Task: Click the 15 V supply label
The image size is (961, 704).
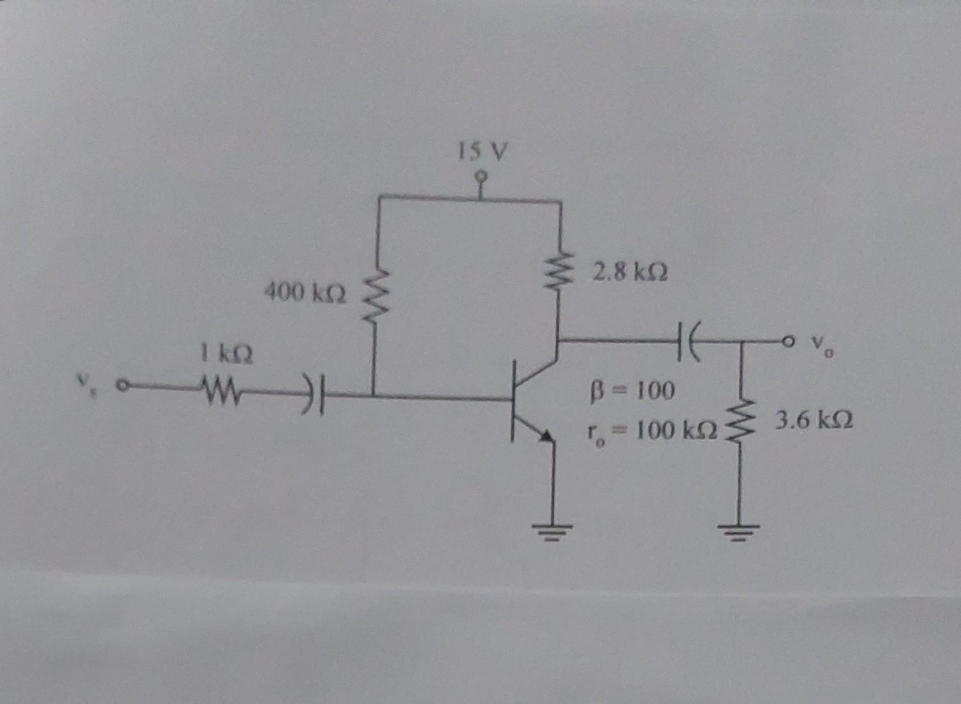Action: click(x=481, y=153)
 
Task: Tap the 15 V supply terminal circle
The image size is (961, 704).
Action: click(x=481, y=176)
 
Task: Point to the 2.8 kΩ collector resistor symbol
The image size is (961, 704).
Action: click(x=559, y=272)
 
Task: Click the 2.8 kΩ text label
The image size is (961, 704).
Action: click(x=630, y=271)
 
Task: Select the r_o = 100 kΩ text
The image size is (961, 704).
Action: click(x=649, y=430)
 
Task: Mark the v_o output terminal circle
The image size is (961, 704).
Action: click(x=790, y=340)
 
